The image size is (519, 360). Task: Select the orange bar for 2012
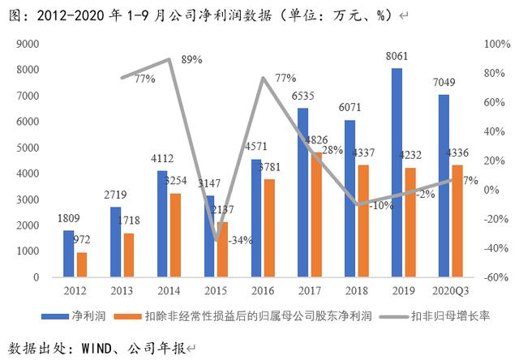pyautogui.click(x=81, y=264)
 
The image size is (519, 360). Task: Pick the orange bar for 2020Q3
pyautogui.click(x=457, y=221)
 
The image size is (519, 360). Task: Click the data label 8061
pyautogui.click(x=397, y=59)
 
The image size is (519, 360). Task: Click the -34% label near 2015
pyautogui.click(x=240, y=240)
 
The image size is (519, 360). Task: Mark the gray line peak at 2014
pyautogui.click(x=168, y=59)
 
